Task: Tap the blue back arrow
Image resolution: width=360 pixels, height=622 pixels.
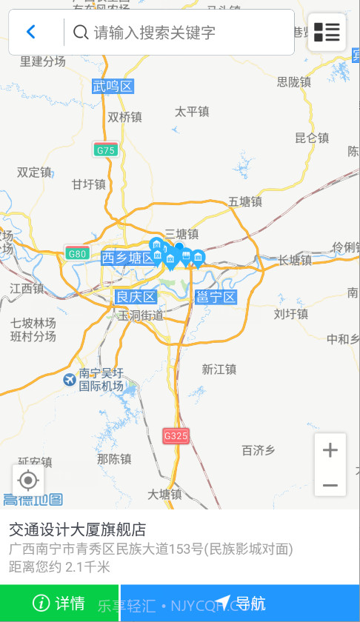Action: point(31,32)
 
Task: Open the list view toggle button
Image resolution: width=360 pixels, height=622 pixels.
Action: point(327,32)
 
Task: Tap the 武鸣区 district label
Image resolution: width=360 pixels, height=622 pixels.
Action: point(113,87)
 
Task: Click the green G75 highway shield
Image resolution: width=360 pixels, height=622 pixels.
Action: point(106,150)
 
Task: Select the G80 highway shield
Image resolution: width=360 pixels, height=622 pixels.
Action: point(77,253)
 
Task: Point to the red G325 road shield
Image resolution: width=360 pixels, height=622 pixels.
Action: point(176,436)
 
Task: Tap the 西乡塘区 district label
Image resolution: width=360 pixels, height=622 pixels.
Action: point(128,258)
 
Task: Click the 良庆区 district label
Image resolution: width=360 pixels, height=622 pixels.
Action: point(136,297)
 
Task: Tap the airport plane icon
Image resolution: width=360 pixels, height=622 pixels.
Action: point(70,380)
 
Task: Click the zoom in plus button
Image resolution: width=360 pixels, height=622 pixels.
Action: point(330,449)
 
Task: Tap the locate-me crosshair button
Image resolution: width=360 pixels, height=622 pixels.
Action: point(28,481)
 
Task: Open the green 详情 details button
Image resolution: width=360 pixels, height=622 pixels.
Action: point(59,603)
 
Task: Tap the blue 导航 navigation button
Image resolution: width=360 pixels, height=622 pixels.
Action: point(240,603)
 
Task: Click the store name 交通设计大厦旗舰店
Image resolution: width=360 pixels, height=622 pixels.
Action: point(77,529)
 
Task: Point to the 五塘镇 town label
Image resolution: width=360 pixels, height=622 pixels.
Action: point(245,201)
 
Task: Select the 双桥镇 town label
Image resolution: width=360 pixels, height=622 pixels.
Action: point(124,116)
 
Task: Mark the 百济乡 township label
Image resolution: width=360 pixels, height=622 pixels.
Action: point(259,449)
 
